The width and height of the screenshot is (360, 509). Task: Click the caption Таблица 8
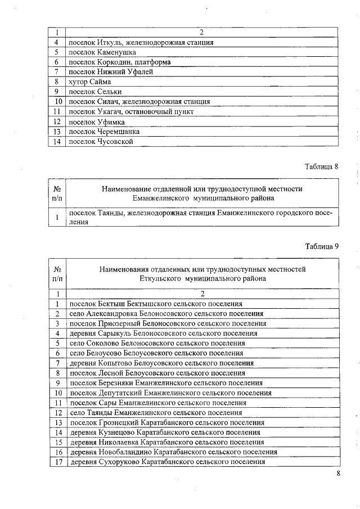pyautogui.click(x=321, y=167)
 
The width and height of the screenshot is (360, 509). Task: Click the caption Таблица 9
pyautogui.click(x=321, y=246)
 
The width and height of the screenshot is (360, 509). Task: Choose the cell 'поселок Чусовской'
pyautogui.click(x=101, y=142)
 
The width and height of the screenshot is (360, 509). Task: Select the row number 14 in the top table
pyautogui.click(x=57, y=142)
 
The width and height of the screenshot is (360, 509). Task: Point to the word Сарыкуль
pyautogui.click(x=111, y=333)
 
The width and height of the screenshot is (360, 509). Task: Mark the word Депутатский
pyautogui.click(x=119, y=393)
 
